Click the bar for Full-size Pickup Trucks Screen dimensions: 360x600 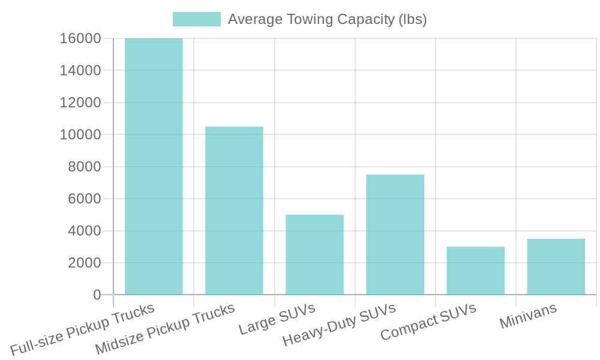154,167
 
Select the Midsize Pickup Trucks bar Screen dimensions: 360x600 234,211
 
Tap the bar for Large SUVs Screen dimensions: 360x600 314,254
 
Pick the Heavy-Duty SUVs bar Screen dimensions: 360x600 395,235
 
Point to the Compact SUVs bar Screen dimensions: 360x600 475,271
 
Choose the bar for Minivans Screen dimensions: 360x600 556,266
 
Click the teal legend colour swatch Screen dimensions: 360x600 197,19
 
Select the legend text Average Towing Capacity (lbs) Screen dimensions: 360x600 327,19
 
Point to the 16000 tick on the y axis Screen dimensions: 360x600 80,39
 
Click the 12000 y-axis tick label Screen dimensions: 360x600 80,103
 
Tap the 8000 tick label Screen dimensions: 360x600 85,167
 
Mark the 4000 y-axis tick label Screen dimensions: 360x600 85,231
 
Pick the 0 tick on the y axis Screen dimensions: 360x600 97,295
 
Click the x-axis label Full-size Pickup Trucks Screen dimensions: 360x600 82,331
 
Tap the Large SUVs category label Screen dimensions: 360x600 277,319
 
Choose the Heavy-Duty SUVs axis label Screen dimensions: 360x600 339,325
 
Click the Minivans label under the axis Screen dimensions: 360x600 528,316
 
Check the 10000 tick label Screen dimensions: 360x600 80,135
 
